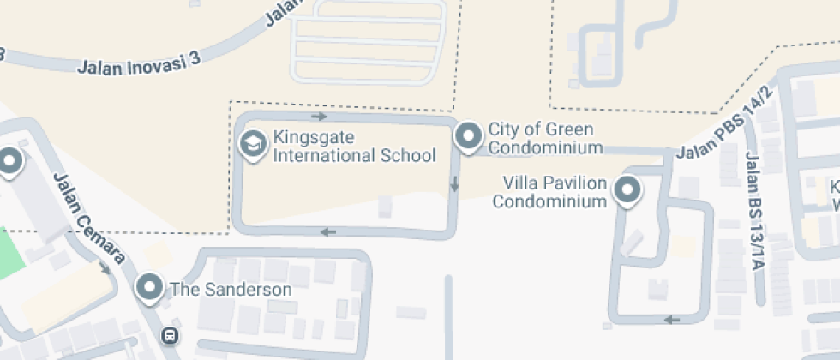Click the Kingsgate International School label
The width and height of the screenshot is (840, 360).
(354, 147)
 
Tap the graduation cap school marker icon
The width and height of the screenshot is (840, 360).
(253, 144)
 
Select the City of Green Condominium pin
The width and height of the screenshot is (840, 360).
(468, 135)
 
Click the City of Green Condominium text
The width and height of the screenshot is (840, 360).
(541, 139)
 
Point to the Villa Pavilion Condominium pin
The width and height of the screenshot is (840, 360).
(628, 190)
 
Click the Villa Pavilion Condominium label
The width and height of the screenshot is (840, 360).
(549, 193)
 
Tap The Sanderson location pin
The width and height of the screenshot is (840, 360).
(151, 287)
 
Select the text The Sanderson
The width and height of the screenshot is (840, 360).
(231, 290)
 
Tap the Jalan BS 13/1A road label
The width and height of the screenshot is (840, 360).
(754, 210)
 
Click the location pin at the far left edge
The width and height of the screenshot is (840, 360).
(9, 160)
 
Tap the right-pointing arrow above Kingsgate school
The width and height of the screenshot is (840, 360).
(320, 116)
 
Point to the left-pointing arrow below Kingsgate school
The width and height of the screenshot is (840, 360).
(327, 231)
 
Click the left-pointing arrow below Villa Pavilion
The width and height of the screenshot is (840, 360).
(673, 320)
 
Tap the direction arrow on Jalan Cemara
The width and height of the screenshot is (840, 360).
(105, 267)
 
